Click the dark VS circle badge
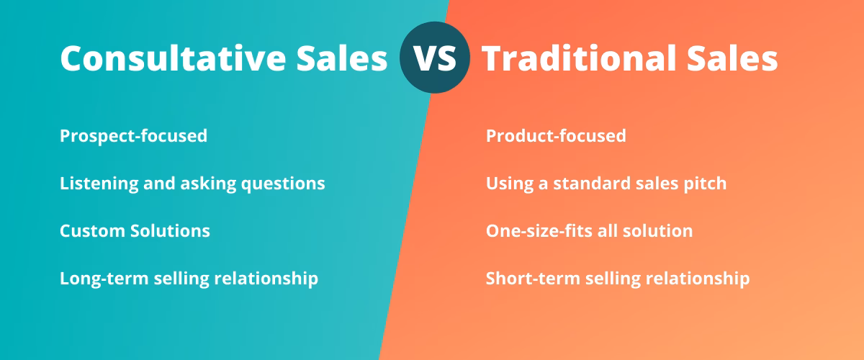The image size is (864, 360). tap(434, 58)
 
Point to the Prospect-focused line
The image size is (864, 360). tap(133, 135)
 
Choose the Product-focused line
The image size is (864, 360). tap(556, 135)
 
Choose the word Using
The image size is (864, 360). tap(508, 184)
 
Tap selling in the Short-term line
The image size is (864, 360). tap(608, 279)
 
